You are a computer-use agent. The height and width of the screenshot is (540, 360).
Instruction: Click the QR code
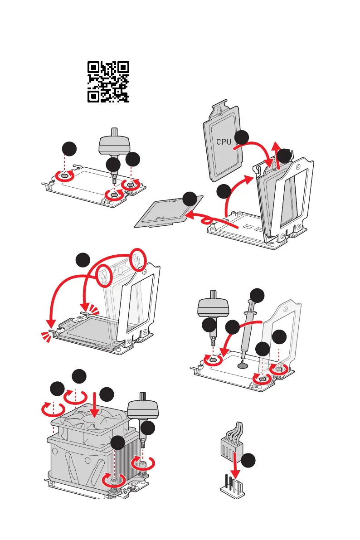click(x=108, y=82)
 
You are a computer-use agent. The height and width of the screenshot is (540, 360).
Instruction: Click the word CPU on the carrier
click(x=224, y=141)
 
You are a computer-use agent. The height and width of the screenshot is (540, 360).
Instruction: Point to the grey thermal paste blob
click(x=243, y=364)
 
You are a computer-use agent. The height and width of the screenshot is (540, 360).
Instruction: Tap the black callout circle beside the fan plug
click(x=248, y=461)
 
